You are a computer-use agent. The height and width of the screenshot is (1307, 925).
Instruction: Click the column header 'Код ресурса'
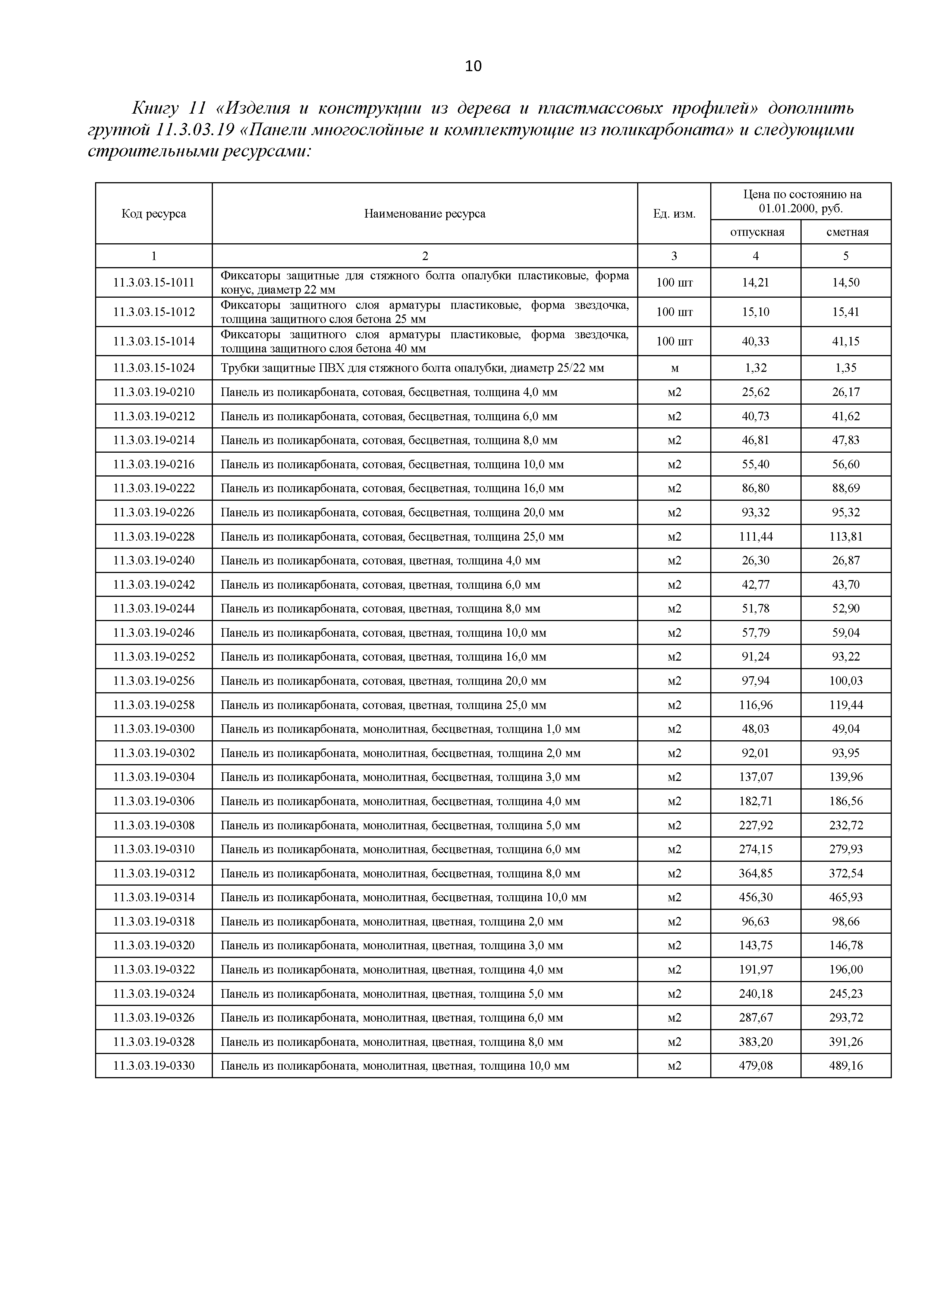154,214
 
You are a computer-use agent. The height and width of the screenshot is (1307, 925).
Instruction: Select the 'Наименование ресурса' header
425,214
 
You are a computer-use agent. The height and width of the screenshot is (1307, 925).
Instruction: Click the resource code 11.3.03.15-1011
154,283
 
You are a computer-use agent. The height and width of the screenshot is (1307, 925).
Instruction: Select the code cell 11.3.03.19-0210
154,392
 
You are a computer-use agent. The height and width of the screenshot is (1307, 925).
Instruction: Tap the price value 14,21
755,283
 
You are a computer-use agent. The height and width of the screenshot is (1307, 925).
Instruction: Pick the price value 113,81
846,537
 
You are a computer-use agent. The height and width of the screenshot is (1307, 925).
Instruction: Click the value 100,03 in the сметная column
846,681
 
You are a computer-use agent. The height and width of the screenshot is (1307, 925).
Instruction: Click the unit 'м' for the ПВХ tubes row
674,368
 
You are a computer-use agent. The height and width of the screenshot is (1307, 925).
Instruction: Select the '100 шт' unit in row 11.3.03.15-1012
674,312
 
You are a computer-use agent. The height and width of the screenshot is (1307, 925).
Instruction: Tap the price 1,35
846,368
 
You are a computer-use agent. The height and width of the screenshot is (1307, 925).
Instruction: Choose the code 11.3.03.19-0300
154,729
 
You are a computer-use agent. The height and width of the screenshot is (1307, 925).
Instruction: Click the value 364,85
756,873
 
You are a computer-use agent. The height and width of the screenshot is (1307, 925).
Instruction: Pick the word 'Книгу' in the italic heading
155,108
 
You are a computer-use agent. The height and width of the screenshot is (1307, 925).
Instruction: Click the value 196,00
846,969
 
